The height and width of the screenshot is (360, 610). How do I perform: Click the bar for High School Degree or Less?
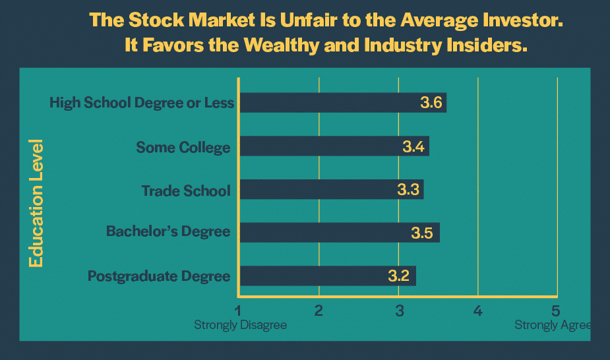[343, 103]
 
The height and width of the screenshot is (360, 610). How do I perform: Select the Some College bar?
[334, 146]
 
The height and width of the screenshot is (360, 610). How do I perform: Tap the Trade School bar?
[331, 190]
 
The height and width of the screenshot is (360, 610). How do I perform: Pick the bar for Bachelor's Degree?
[339, 233]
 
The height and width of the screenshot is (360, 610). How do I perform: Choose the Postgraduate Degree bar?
[328, 276]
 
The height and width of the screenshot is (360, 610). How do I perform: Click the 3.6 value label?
[431, 103]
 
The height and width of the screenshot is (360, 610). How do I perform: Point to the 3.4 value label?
[413, 146]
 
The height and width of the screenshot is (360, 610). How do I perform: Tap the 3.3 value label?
[408, 190]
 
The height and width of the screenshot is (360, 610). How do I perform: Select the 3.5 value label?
[422, 233]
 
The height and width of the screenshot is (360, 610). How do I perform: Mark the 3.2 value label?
[400, 276]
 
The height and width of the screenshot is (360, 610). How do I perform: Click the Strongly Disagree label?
[240, 325]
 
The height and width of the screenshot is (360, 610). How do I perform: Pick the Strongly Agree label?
[553, 325]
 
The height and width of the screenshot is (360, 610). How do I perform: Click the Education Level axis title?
[36, 203]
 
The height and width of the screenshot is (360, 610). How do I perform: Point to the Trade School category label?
[186, 191]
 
